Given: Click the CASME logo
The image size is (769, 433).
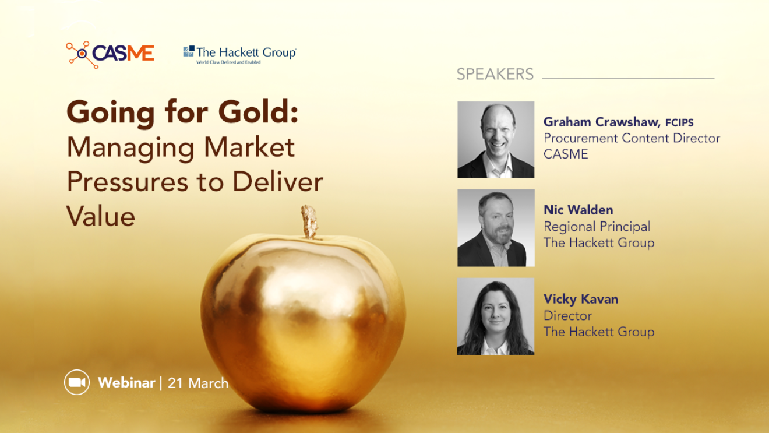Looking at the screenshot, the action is [x=110, y=54].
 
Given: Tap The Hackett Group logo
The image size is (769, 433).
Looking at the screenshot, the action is [x=239, y=55].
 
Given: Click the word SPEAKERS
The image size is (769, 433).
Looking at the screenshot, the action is [x=495, y=74].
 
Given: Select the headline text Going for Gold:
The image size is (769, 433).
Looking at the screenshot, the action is [x=182, y=112].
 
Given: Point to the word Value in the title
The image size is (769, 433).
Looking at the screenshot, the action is [x=101, y=216].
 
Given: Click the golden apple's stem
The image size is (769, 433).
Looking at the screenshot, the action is [x=309, y=221].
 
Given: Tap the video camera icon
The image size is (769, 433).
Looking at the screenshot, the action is [x=77, y=382].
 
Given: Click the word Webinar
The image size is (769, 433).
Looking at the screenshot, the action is [x=126, y=382].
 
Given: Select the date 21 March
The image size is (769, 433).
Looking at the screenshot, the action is [x=198, y=383].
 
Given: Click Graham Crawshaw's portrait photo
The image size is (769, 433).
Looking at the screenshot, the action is [x=496, y=140].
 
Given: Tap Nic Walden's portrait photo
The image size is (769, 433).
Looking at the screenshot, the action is [x=496, y=228].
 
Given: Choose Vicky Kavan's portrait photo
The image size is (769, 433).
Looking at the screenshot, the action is [x=496, y=316].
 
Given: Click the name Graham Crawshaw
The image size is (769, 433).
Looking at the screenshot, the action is [x=602, y=122].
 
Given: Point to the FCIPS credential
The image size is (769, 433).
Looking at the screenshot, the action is [x=679, y=122].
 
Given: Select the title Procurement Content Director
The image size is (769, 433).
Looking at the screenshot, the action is [x=632, y=138].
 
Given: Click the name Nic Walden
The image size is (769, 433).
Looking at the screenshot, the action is [x=578, y=210].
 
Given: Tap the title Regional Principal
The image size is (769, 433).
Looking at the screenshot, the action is [x=597, y=226].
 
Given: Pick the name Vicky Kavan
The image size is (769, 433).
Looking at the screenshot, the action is [x=581, y=299].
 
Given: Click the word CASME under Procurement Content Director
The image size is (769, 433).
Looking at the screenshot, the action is [x=566, y=154].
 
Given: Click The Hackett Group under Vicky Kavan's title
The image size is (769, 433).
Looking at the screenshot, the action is [x=599, y=332].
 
